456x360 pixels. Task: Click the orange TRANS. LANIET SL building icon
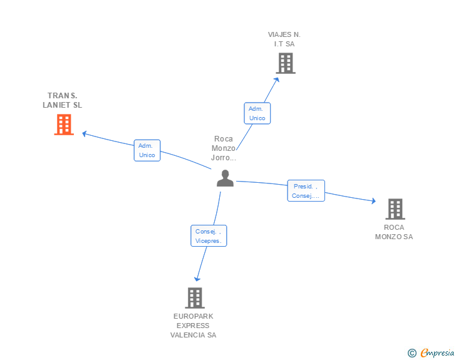(63, 125)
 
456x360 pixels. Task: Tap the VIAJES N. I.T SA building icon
(285, 63)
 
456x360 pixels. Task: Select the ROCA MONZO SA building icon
(395, 208)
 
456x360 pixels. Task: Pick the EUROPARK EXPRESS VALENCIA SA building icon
(194, 297)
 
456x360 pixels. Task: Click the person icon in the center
(225, 178)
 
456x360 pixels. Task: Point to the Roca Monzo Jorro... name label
(224, 148)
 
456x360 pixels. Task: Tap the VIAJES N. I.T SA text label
(284, 39)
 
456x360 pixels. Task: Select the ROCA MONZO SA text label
(394, 232)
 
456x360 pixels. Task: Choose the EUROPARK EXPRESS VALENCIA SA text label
(194, 326)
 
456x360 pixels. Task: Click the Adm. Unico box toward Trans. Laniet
(147, 150)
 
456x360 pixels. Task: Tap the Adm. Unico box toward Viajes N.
(257, 113)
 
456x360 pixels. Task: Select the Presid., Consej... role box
(306, 191)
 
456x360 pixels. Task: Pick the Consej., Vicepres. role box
(209, 236)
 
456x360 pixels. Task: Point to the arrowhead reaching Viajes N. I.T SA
(277, 79)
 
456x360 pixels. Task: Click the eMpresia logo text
(437, 353)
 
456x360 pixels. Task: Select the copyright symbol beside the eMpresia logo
(412, 353)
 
